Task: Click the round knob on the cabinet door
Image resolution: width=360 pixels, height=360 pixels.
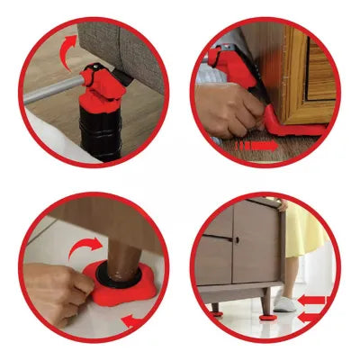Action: (x=237, y=241)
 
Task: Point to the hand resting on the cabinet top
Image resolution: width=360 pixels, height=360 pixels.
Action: (x=283, y=205)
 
